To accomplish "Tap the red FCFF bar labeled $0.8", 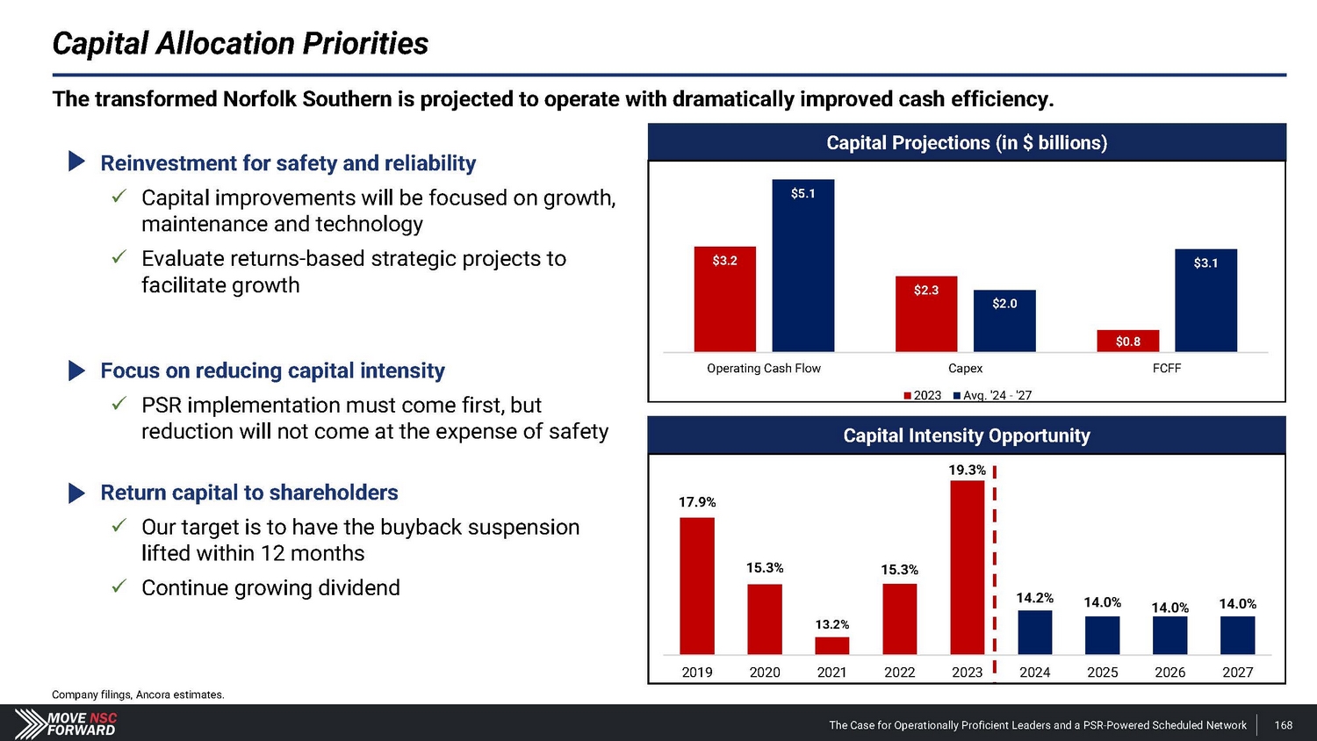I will tap(1127, 341).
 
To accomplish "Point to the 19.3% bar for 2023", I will tap(967, 567).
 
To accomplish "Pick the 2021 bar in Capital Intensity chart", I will tap(831, 645).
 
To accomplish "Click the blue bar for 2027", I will tap(1237, 635).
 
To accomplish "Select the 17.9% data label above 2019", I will tap(697, 502).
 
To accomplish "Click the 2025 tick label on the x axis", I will tap(1102, 673).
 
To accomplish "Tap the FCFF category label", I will tap(1166, 369).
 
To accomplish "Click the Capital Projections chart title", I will tap(966, 143).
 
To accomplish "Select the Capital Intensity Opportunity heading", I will tap(966, 435).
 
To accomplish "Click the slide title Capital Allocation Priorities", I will tap(240, 43).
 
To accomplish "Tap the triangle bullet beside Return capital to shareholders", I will tap(77, 493).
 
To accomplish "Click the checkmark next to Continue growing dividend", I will tap(120, 586).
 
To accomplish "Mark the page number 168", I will tap(1283, 725).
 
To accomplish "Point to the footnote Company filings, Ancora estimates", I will tap(138, 694).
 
